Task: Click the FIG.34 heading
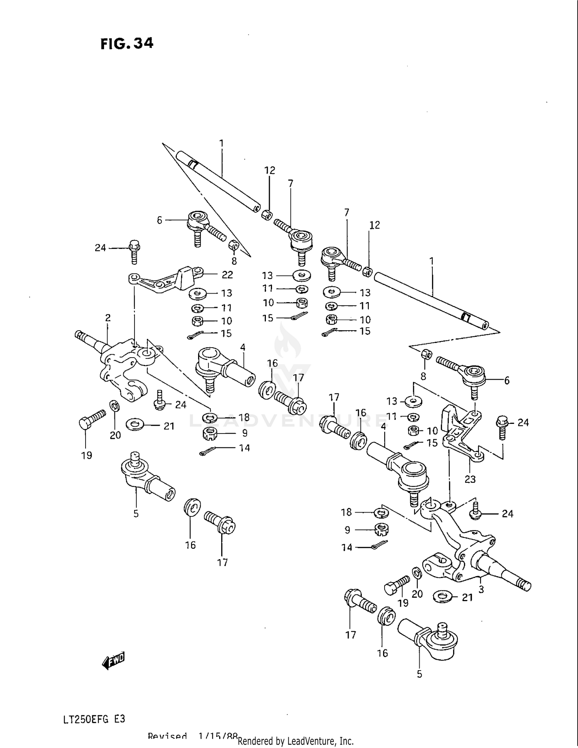127,43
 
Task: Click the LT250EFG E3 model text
94,719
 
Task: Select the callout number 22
227,275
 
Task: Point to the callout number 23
470,479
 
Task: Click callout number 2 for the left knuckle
108,318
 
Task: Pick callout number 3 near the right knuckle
481,589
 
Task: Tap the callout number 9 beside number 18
245,433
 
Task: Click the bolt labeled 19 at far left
92,419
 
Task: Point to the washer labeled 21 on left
134,424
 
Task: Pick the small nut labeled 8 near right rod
426,353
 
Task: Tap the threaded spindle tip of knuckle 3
524,585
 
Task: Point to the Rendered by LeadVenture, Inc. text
296,741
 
